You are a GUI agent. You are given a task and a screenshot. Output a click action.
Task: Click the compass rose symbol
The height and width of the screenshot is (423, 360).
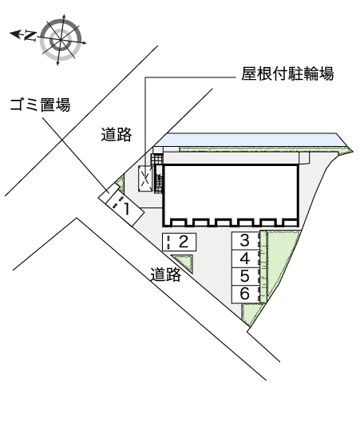[61, 38]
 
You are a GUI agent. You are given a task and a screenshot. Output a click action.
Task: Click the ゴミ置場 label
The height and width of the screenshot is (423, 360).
[39, 104]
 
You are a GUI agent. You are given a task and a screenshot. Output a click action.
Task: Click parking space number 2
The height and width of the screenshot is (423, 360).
[179, 241]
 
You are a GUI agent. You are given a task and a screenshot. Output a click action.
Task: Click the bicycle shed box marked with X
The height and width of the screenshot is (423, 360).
[145, 180]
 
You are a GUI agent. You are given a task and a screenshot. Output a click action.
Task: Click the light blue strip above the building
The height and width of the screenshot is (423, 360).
[247, 141]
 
